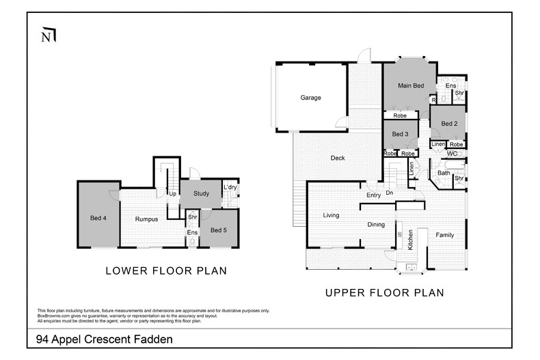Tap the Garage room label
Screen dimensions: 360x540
[x=310, y=98]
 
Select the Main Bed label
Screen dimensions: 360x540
[x=411, y=85]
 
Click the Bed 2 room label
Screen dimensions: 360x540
[x=448, y=124]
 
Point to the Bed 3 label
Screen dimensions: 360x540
[x=400, y=135]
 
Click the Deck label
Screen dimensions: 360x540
[x=338, y=158]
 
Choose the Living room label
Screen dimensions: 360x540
[x=331, y=215]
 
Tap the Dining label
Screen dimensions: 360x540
[x=376, y=224]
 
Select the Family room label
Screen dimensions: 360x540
[x=445, y=235]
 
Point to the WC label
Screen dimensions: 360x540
[x=451, y=154]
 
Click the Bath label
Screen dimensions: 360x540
[x=444, y=173]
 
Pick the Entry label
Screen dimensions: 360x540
[x=373, y=195]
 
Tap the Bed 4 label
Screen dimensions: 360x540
[x=98, y=219]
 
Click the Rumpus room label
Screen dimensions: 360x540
[x=146, y=219]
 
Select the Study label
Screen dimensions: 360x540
[x=200, y=193]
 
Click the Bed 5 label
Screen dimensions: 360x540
[x=219, y=230]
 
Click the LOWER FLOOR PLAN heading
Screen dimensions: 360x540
[x=166, y=271]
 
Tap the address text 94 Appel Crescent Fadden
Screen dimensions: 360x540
[x=104, y=339]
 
